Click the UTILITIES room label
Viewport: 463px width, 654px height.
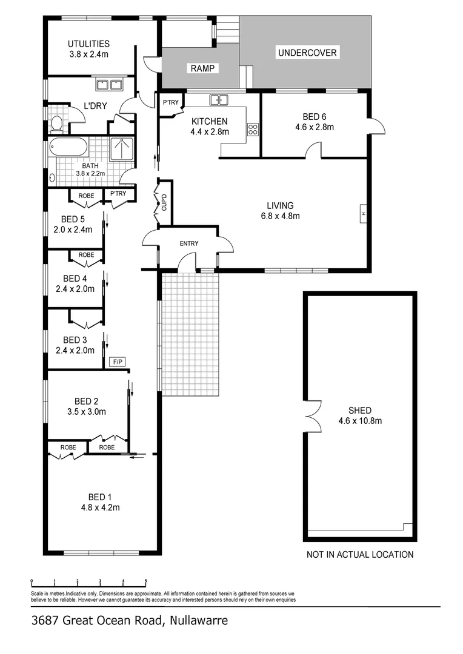[88, 44]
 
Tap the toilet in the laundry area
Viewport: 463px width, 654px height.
[57, 124]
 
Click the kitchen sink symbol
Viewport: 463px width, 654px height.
[218, 100]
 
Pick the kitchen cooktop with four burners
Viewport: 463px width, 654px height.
[253, 129]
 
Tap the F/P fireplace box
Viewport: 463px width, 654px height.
[117, 362]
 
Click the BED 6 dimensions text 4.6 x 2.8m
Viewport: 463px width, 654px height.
[314, 127]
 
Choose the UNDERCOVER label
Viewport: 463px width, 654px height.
[307, 53]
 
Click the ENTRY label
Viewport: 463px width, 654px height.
[189, 243]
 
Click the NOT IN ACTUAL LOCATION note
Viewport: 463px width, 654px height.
[360, 554]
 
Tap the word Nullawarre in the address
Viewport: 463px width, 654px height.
[198, 620]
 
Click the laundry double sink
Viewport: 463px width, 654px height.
[109, 85]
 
